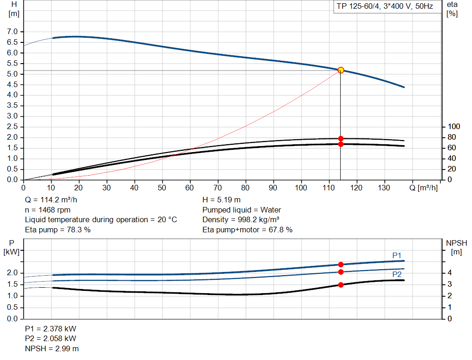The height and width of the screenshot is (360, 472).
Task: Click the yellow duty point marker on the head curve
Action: click(x=341, y=70)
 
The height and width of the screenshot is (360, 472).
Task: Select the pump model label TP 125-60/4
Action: click(x=383, y=7)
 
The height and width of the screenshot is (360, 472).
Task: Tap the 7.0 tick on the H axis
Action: click(x=12, y=32)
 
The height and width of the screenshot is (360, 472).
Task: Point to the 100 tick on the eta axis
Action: click(x=454, y=127)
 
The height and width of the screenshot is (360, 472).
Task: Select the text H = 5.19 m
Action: click(x=221, y=200)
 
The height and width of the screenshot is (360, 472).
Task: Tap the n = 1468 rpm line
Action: click(x=47, y=210)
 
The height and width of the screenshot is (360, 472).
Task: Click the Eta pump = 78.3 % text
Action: click(x=58, y=230)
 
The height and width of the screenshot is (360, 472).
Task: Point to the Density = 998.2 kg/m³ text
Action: click(x=241, y=219)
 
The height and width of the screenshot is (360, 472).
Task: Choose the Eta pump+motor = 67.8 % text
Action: click(x=247, y=230)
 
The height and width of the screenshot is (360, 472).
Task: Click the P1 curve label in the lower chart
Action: click(x=397, y=255)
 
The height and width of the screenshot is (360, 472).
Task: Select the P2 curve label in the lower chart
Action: click(x=397, y=274)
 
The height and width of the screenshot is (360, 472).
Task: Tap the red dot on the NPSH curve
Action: click(x=341, y=285)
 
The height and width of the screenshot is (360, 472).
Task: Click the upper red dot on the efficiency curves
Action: click(x=341, y=138)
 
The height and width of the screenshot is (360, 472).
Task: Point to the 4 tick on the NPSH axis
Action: click(x=450, y=273)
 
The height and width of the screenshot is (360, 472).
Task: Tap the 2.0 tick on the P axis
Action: click(x=12, y=273)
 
